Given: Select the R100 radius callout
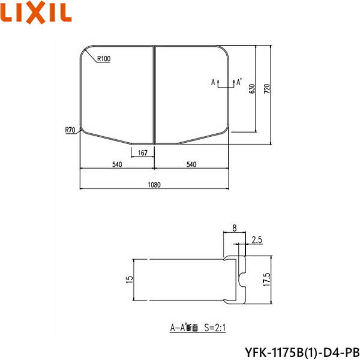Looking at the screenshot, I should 103,58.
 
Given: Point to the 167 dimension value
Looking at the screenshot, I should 142,153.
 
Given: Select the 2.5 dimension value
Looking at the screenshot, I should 257,240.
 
